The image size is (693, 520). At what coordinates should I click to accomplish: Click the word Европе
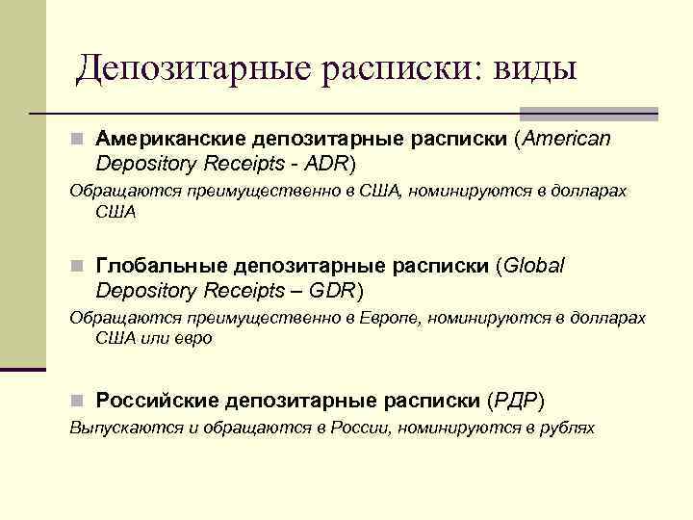[x=389, y=318]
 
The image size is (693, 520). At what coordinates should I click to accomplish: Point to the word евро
[x=192, y=339]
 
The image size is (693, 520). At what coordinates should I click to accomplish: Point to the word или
[x=152, y=339]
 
